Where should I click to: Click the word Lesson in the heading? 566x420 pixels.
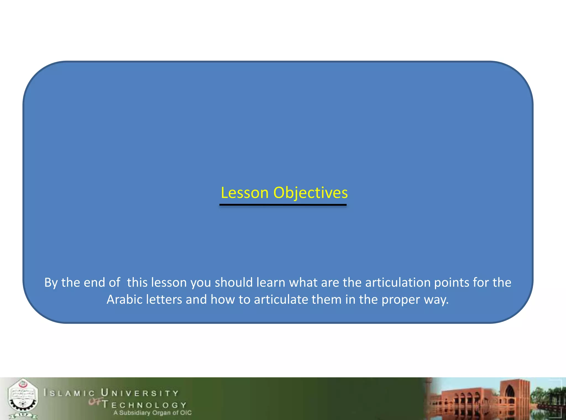pyautogui.click(x=245, y=193)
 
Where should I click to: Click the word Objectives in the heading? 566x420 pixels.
pyautogui.click(x=310, y=193)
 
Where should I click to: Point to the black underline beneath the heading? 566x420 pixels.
pyautogui.click(x=283, y=205)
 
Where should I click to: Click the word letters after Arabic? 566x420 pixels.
pyautogui.click(x=164, y=299)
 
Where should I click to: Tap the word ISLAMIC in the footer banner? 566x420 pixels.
pyautogui.click(x=69, y=393)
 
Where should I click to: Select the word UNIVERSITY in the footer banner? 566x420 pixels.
pyautogui.click(x=140, y=393)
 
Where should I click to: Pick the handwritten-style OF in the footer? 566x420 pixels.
pyautogui.click(x=95, y=402)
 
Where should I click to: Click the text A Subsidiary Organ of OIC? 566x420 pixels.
pyautogui.click(x=152, y=413)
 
